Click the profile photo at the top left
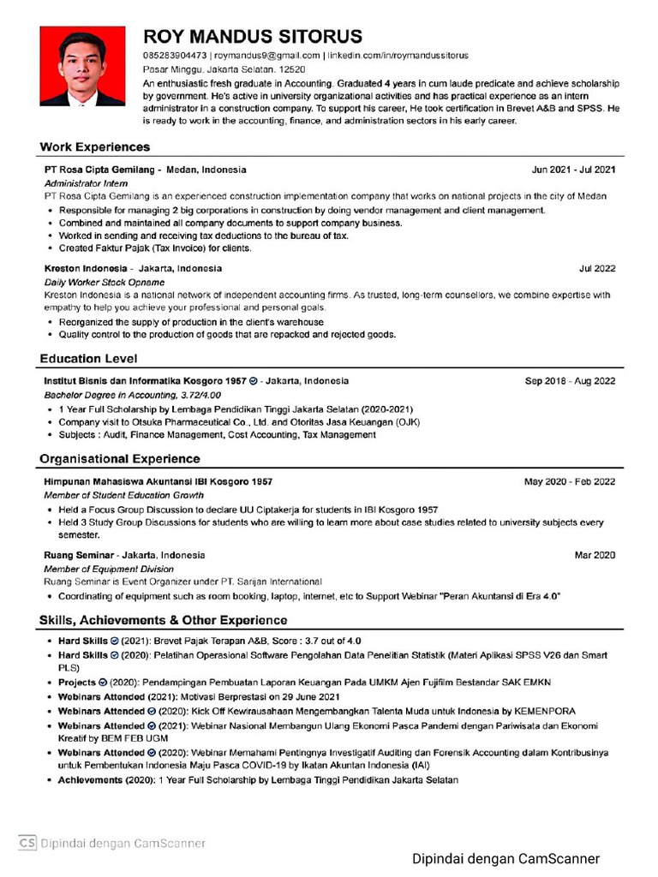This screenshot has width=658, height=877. click(82, 66)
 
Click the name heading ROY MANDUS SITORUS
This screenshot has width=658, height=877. click(252, 37)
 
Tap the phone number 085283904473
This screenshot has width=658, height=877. click(175, 56)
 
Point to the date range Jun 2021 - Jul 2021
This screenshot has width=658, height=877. click(573, 170)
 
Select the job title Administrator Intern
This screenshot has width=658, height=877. click(86, 183)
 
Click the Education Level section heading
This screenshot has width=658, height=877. click(88, 359)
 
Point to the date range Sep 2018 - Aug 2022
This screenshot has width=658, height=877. click(570, 381)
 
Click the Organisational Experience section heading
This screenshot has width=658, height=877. click(119, 459)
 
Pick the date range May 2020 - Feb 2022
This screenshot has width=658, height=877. click(570, 481)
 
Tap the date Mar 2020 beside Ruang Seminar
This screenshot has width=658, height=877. click(595, 555)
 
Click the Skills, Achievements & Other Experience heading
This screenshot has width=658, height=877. click(163, 619)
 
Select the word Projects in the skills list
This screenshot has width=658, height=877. click(77, 683)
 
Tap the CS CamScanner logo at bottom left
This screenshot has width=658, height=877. click(27, 842)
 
